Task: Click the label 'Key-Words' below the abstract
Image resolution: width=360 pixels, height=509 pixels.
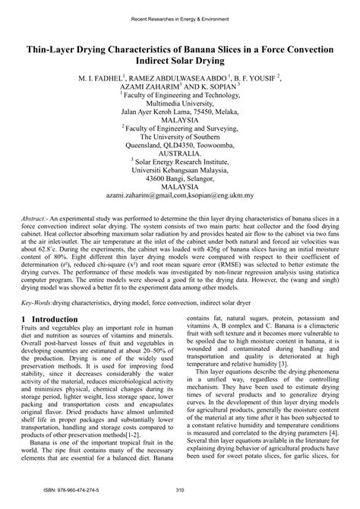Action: [x=36, y=324]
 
